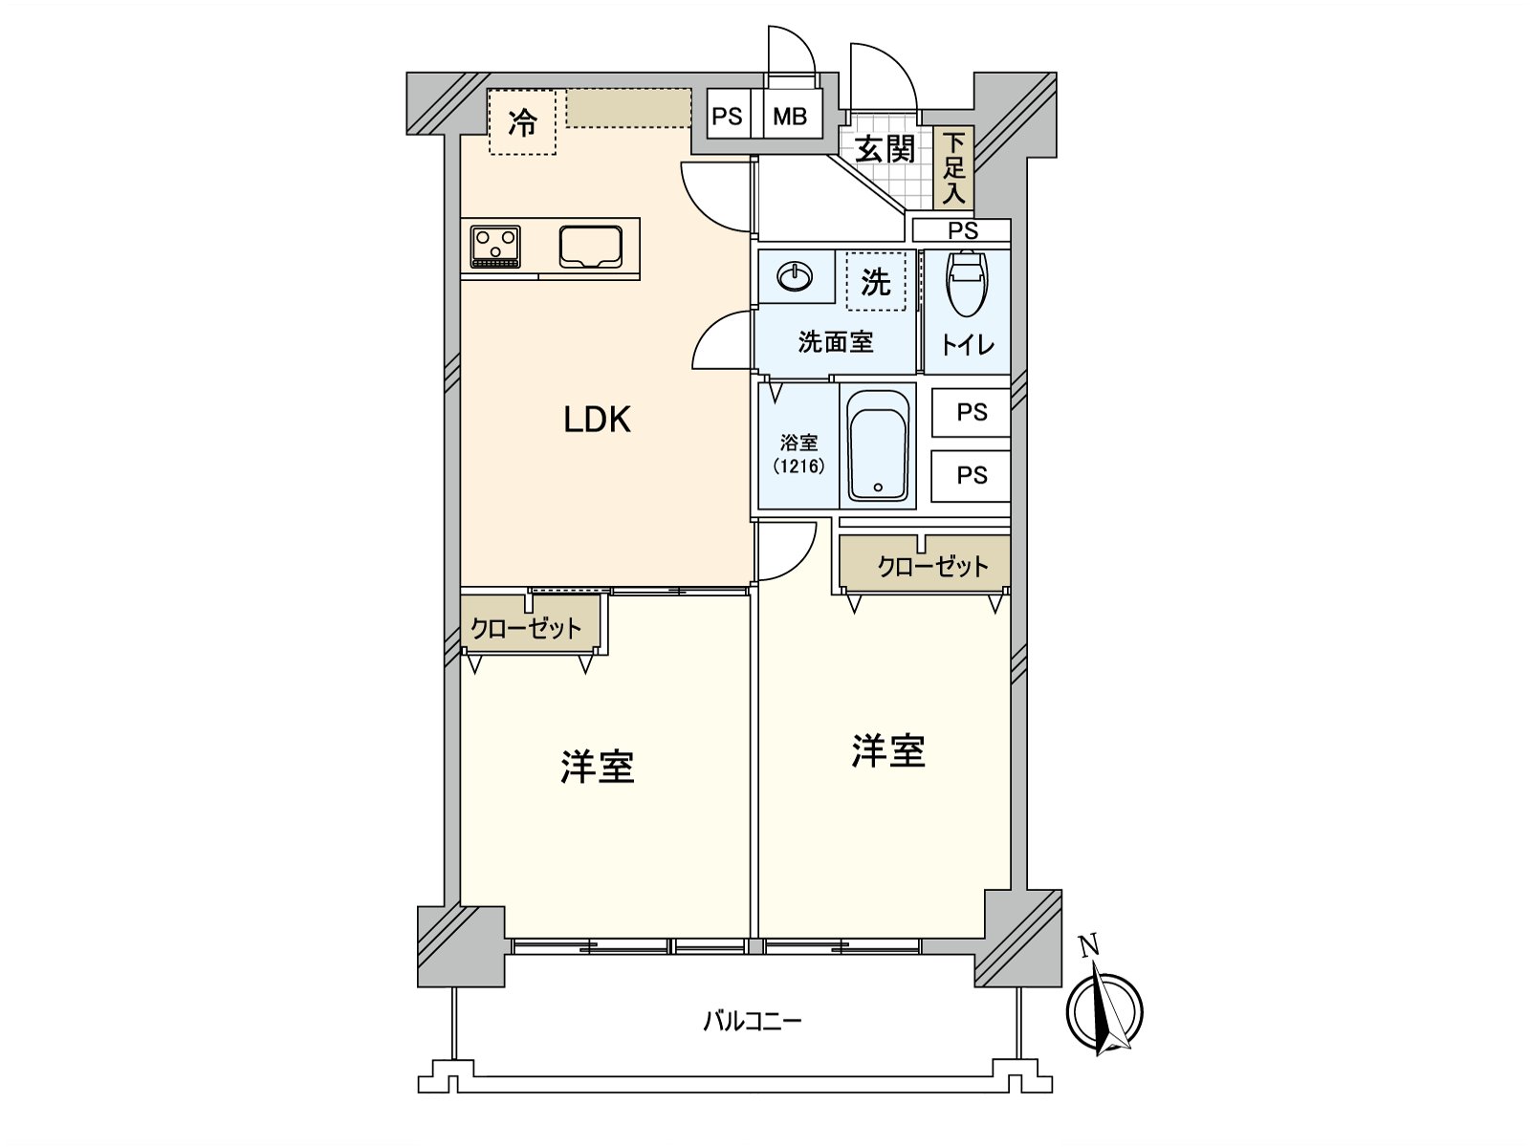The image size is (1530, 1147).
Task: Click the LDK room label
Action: click(x=597, y=420)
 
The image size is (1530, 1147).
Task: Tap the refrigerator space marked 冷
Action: click(x=522, y=122)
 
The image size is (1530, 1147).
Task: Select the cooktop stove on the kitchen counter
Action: click(x=495, y=247)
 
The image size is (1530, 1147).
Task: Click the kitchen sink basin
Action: click(x=590, y=247)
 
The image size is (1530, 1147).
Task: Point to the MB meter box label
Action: click(x=790, y=116)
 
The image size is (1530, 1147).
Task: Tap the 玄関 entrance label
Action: click(x=885, y=149)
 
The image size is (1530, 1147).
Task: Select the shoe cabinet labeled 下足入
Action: click(x=953, y=167)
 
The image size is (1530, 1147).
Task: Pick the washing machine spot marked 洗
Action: click(x=876, y=281)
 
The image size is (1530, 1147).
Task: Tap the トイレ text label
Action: click(x=967, y=345)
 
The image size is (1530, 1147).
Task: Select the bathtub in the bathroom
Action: click(x=878, y=445)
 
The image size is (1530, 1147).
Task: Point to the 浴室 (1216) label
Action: click(x=798, y=454)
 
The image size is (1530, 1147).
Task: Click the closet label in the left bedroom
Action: click(x=526, y=629)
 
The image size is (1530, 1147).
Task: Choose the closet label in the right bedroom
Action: click(x=932, y=566)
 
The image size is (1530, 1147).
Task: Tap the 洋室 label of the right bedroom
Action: click(x=888, y=751)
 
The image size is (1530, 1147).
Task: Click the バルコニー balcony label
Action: click(x=753, y=1022)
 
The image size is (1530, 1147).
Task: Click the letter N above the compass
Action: click(x=1089, y=945)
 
